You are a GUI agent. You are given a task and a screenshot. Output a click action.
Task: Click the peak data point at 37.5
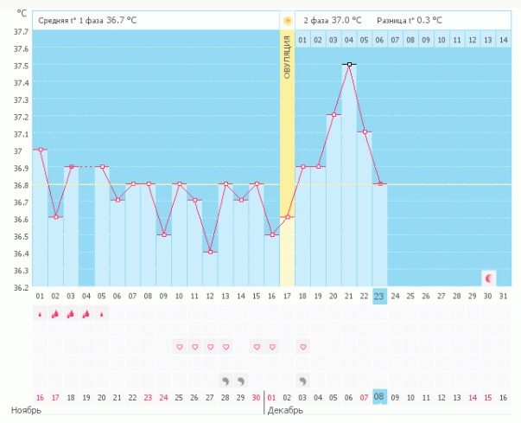click(349, 64)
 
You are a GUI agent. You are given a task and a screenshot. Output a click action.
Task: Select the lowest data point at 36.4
click(210, 252)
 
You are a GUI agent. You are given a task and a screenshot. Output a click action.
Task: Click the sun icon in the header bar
click(287, 19)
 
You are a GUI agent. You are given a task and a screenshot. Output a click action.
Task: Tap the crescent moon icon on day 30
click(490, 278)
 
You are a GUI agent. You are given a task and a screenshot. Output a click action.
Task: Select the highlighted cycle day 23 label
click(380, 296)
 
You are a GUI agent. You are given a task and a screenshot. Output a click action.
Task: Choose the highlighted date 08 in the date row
click(380, 398)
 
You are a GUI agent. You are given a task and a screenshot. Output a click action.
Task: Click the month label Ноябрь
click(26, 409)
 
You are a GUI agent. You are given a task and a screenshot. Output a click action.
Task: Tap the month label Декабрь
click(286, 409)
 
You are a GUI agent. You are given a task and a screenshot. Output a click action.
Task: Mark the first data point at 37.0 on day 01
click(40, 150)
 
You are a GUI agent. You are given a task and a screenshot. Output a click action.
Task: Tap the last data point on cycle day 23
click(380, 183)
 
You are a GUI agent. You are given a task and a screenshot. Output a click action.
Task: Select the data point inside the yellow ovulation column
click(288, 217)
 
